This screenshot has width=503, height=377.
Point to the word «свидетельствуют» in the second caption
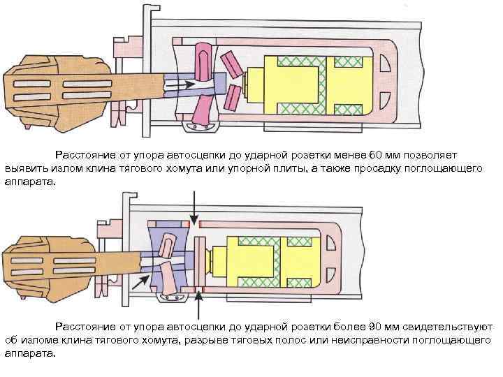pyautogui.click(x=443, y=327)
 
